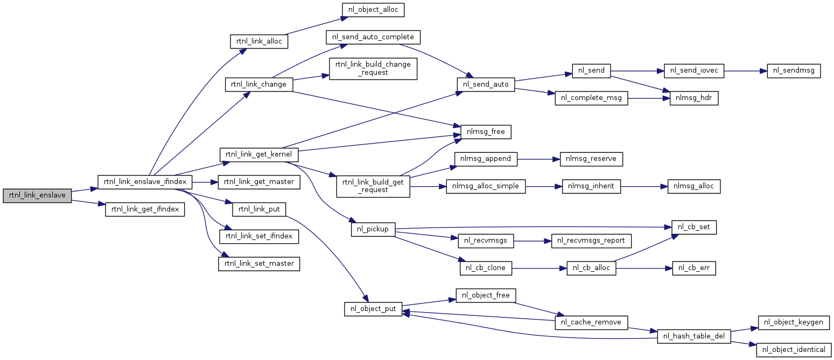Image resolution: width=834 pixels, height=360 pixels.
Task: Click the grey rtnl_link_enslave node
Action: pyautogui.click(x=37, y=195)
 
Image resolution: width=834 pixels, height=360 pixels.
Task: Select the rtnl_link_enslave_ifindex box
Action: pyautogui.click(x=145, y=182)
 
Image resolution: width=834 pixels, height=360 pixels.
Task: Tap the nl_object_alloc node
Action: pyautogui.click(x=373, y=10)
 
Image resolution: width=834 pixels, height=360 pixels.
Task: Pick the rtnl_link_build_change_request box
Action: pyautogui.click(x=373, y=68)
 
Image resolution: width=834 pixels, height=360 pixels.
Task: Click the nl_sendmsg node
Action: pyautogui.click(x=794, y=70)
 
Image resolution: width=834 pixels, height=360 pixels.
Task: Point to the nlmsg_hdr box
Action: pyautogui.click(x=693, y=98)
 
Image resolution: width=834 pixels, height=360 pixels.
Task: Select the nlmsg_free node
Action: pyautogui.click(x=486, y=132)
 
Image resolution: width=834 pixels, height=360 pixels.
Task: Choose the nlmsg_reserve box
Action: pyautogui.click(x=591, y=159)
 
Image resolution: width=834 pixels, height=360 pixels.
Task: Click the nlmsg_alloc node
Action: pyautogui.click(x=694, y=186)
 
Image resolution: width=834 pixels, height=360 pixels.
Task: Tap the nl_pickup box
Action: pyautogui.click(x=373, y=229)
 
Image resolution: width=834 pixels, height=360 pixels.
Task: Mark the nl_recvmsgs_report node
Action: pyautogui.click(x=591, y=241)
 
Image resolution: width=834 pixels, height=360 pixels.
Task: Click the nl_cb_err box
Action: pyautogui.click(x=693, y=268)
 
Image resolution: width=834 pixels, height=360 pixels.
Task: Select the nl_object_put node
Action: pyautogui.click(x=373, y=309)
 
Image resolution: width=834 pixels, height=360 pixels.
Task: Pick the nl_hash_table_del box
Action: pyautogui.click(x=693, y=336)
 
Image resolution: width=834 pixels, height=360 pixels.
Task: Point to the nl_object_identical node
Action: pyautogui.click(x=794, y=350)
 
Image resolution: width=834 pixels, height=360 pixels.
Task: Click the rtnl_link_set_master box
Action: pyautogui.click(x=259, y=264)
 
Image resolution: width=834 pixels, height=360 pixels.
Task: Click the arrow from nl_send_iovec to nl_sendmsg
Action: pyautogui.click(x=745, y=70)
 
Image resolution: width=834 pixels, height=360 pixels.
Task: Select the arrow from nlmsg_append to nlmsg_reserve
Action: pyautogui.click(x=538, y=159)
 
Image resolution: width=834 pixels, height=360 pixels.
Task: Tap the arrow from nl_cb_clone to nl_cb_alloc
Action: pyautogui.click(x=539, y=268)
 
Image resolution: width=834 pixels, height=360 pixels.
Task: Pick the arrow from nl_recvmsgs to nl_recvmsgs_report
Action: pyautogui.click(x=532, y=241)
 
